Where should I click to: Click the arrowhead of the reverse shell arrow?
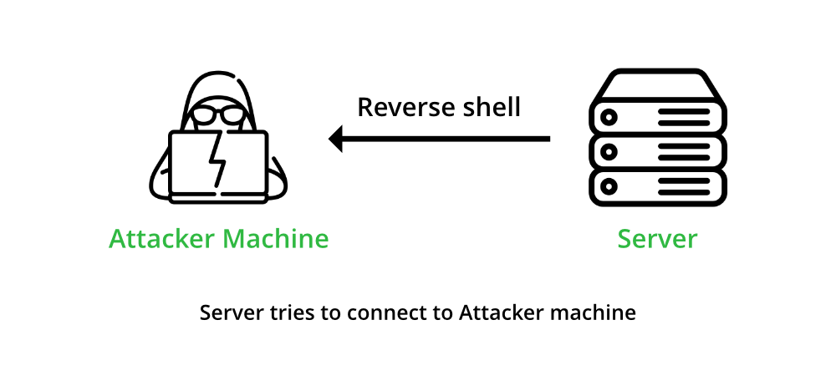[x=336, y=138]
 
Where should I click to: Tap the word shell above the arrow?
[x=489, y=107]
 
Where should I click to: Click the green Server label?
[x=657, y=239]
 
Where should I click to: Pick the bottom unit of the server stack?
[x=657, y=185]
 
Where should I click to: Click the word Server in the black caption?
[x=226, y=313]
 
